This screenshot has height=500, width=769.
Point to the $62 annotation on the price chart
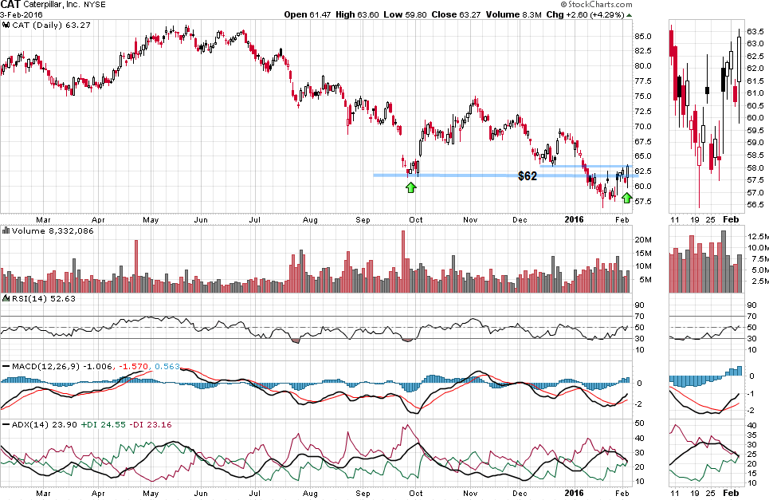527,175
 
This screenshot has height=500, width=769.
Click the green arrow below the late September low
410,187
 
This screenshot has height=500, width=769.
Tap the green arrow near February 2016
626,197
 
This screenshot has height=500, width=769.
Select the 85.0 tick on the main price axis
644,37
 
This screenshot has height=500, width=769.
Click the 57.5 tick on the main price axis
644,201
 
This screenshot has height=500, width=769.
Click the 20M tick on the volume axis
644,239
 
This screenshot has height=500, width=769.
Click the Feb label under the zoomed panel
729,218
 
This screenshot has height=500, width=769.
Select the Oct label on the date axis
416,218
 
